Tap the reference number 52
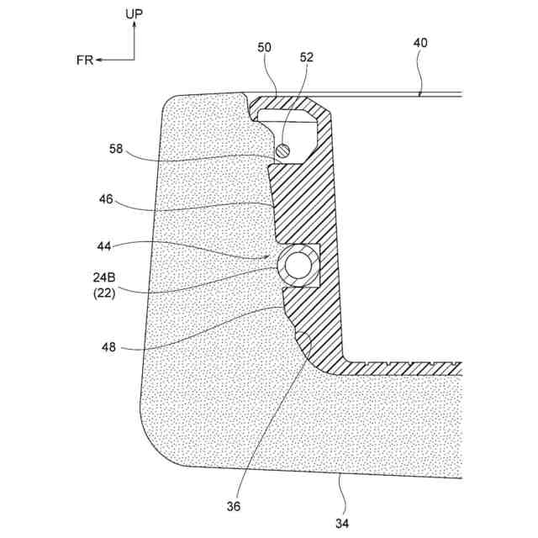[306, 58]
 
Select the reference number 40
[420, 42]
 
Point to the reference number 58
[117, 150]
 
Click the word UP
[134, 14]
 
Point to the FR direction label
[84, 60]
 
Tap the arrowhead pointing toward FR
[98, 60]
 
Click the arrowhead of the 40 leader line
[421, 93]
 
